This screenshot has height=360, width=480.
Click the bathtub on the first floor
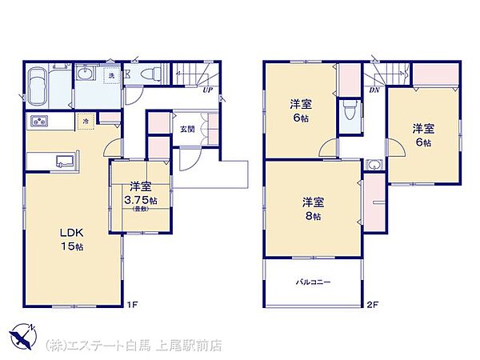click(38, 84)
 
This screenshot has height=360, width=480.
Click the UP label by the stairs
click(207, 90)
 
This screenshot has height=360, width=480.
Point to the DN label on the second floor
click(374, 90)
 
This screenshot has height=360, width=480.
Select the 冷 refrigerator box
click(85, 122)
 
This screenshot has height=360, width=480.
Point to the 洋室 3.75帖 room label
click(139, 193)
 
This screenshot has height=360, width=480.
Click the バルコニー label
click(312, 283)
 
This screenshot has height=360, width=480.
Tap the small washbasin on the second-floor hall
click(374, 166)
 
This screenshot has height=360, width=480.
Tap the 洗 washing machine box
click(111, 76)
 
